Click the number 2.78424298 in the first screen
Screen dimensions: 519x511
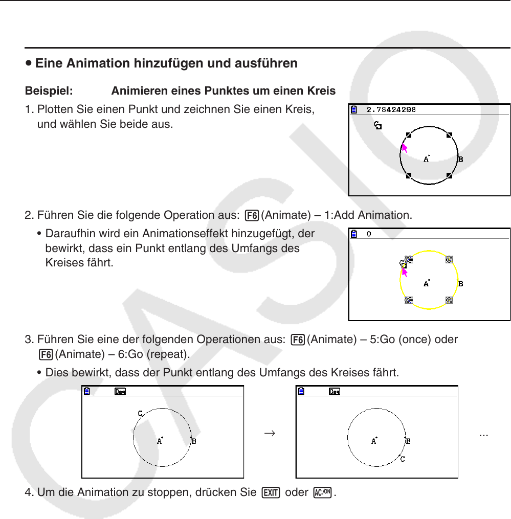tap(391, 109)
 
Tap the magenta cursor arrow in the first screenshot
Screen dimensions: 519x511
tap(405, 148)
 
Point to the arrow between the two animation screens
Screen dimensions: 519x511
tap(270, 433)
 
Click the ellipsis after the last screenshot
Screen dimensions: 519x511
tap(483, 433)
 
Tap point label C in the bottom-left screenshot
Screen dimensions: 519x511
tap(140, 413)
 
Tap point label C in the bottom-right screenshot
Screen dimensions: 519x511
tap(403, 459)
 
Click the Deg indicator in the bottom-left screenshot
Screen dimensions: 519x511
tap(121, 392)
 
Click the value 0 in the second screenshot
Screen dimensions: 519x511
tap(369, 234)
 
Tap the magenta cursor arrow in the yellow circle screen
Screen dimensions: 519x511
tap(405, 271)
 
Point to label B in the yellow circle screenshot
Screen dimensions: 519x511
tap(460, 284)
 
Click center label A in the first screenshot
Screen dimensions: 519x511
tap(426, 159)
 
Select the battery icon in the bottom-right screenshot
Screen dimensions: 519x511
tap(302, 392)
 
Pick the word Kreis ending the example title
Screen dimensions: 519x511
tap(321, 91)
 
